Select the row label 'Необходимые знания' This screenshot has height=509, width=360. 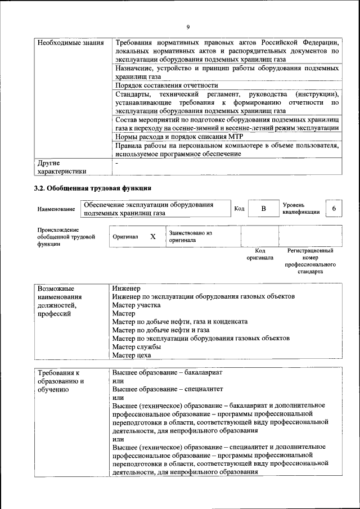(x=62, y=43)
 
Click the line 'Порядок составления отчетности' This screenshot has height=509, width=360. (x=166, y=85)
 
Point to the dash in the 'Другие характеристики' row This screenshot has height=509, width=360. (x=116, y=162)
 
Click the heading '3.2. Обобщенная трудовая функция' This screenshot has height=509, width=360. (x=93, y=188)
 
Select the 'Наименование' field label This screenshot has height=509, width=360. (x=56, y=209)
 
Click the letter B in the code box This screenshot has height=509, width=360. (x=263, y=209)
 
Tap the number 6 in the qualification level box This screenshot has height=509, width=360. (x=334, y=209)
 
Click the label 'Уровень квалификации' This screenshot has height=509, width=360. (x=301, y=209)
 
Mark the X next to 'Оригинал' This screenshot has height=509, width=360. (x=152, y=237)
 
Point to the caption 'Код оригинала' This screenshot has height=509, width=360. (x=260, y=254)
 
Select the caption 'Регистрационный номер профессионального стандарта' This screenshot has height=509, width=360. (x=310, y=260)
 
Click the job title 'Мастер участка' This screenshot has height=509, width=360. (x=136, y=305)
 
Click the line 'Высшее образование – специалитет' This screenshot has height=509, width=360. (x=168, y=389)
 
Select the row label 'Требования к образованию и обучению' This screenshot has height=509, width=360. (x=61, y=381)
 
